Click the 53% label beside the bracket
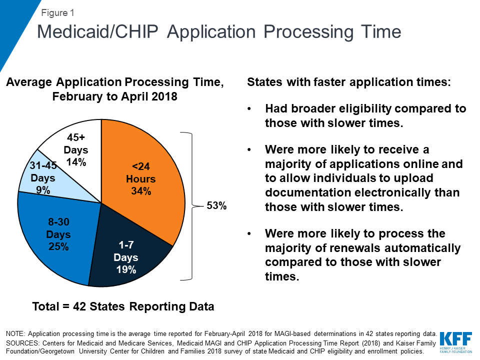click(x=216, y=205)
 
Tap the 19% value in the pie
click(x=125, y=270)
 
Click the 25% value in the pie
click(x=59, y=246)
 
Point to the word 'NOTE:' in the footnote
click(x=17, y=333)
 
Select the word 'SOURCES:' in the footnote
click(x=22, y=342)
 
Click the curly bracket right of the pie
click(x=190, y=205)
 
